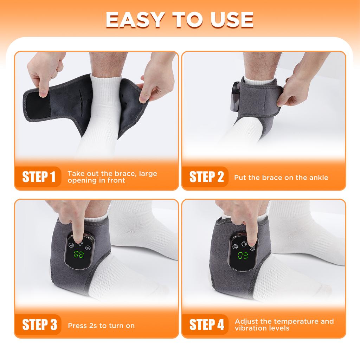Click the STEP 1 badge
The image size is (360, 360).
coord(39,177)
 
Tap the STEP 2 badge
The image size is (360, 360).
coord(206,177)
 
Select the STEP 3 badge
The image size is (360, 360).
coord(39,325)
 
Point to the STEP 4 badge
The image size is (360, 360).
coord(206,325)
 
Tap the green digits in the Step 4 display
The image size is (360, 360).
coord(242,256)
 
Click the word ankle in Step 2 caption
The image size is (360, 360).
coord(317,178)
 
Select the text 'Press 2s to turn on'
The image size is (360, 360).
coord(101,326)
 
